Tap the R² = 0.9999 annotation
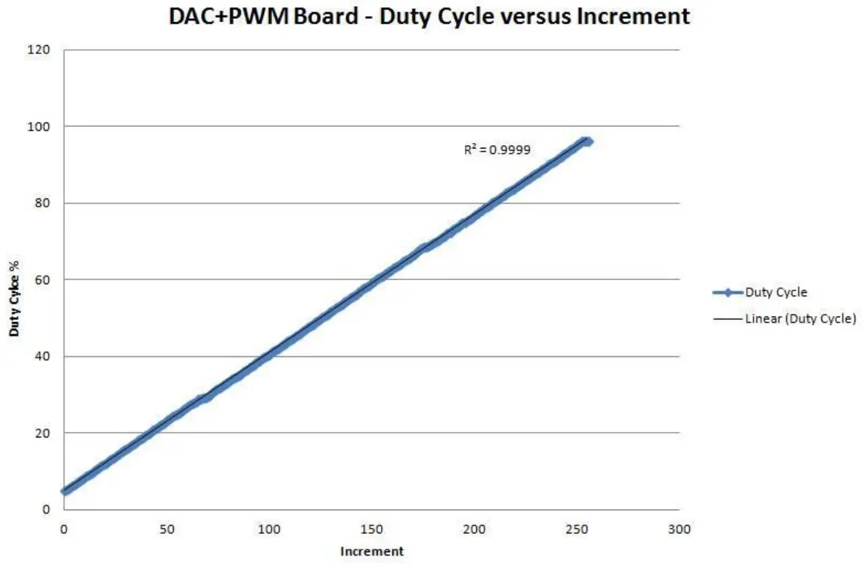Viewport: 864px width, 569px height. click(497, 151)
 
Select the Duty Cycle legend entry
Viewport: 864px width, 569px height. click(776, 293)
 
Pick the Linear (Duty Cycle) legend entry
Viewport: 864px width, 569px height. click(800, 319)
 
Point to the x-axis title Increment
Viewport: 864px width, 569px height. click(372, 551)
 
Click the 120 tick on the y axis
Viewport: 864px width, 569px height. click(42, 50)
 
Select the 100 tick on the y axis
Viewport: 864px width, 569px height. click(42, 126)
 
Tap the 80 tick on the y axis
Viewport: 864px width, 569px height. click(45, 203)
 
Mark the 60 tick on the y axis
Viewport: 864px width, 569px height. click(45, 279)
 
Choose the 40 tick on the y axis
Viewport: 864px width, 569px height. click(45, 356)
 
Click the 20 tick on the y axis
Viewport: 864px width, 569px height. click(45, 433)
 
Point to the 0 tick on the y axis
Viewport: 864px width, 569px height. click(47, 510)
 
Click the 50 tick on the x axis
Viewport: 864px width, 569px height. click(166, 530)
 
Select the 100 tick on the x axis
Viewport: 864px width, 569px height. click(269, 530)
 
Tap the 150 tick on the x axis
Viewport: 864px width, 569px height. click(372, 530)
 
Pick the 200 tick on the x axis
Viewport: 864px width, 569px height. click(474, 530)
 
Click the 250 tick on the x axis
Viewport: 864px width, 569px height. click(577, 530)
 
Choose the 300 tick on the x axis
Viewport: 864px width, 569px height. click(680, 530)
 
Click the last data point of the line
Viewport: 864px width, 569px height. click(588, 141)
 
